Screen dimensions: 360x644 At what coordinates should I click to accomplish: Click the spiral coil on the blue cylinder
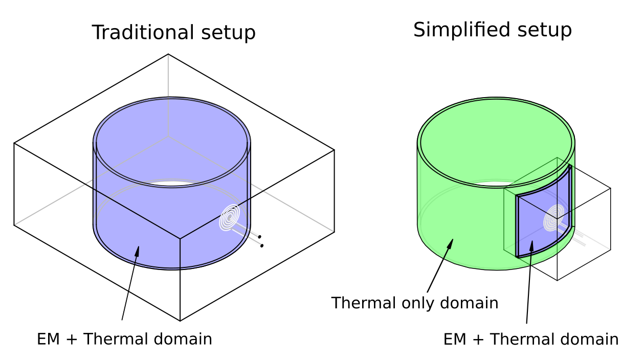tap(230, 217)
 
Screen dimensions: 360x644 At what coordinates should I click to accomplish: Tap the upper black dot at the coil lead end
tap(259, 237)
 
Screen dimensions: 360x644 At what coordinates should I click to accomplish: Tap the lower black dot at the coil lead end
tap(262, 246)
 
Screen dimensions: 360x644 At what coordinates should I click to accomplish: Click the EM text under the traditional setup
tap(49, 339)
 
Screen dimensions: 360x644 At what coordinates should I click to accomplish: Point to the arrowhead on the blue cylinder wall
tap(137, 251)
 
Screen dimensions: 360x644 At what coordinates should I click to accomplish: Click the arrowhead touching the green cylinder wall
tap(450, 243)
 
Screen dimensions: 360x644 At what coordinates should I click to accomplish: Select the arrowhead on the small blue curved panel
tap(531, 246)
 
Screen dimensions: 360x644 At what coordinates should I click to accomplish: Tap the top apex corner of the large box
tap(168, 54)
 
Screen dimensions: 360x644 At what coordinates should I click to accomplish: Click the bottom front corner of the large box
tap(180, 321)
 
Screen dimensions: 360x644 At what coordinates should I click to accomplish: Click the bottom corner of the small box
tap(557, 280)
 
